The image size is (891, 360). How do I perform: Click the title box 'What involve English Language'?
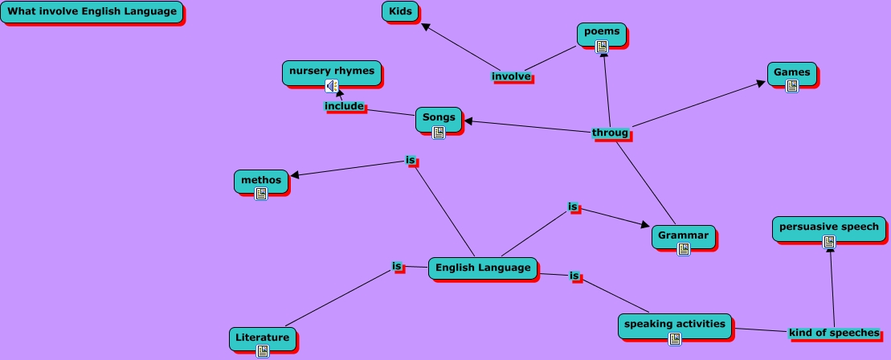coord(92,12)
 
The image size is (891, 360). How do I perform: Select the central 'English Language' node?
coord(483,268)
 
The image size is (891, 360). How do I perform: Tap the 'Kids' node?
coord(400,11)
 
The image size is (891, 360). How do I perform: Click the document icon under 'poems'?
coord(602,47)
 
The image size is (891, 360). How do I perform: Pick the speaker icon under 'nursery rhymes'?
coord(331,86)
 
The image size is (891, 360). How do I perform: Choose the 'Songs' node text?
coord(439,117)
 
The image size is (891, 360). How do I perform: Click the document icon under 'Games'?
coord(792,86)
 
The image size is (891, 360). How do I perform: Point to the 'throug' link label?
coord(611,133)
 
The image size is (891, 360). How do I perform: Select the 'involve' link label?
coord(512,76)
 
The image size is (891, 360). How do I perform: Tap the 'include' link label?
coord(344,106)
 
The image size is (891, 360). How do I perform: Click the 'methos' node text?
coord(261,180)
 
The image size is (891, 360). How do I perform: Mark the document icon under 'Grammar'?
coord(684,249)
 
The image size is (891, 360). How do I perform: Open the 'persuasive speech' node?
coord(829,227)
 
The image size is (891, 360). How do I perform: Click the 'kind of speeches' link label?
coord(834,333)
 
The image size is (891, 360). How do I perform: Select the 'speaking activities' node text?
coord(675,324)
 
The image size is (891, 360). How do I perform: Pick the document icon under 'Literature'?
coord(263,350)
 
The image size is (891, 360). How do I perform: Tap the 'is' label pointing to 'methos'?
coord(411,161)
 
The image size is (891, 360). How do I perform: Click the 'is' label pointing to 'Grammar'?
coord(573,207)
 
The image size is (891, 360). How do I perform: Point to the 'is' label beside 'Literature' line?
coord(397,266)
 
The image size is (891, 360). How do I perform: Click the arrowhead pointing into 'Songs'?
coord(468,121)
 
